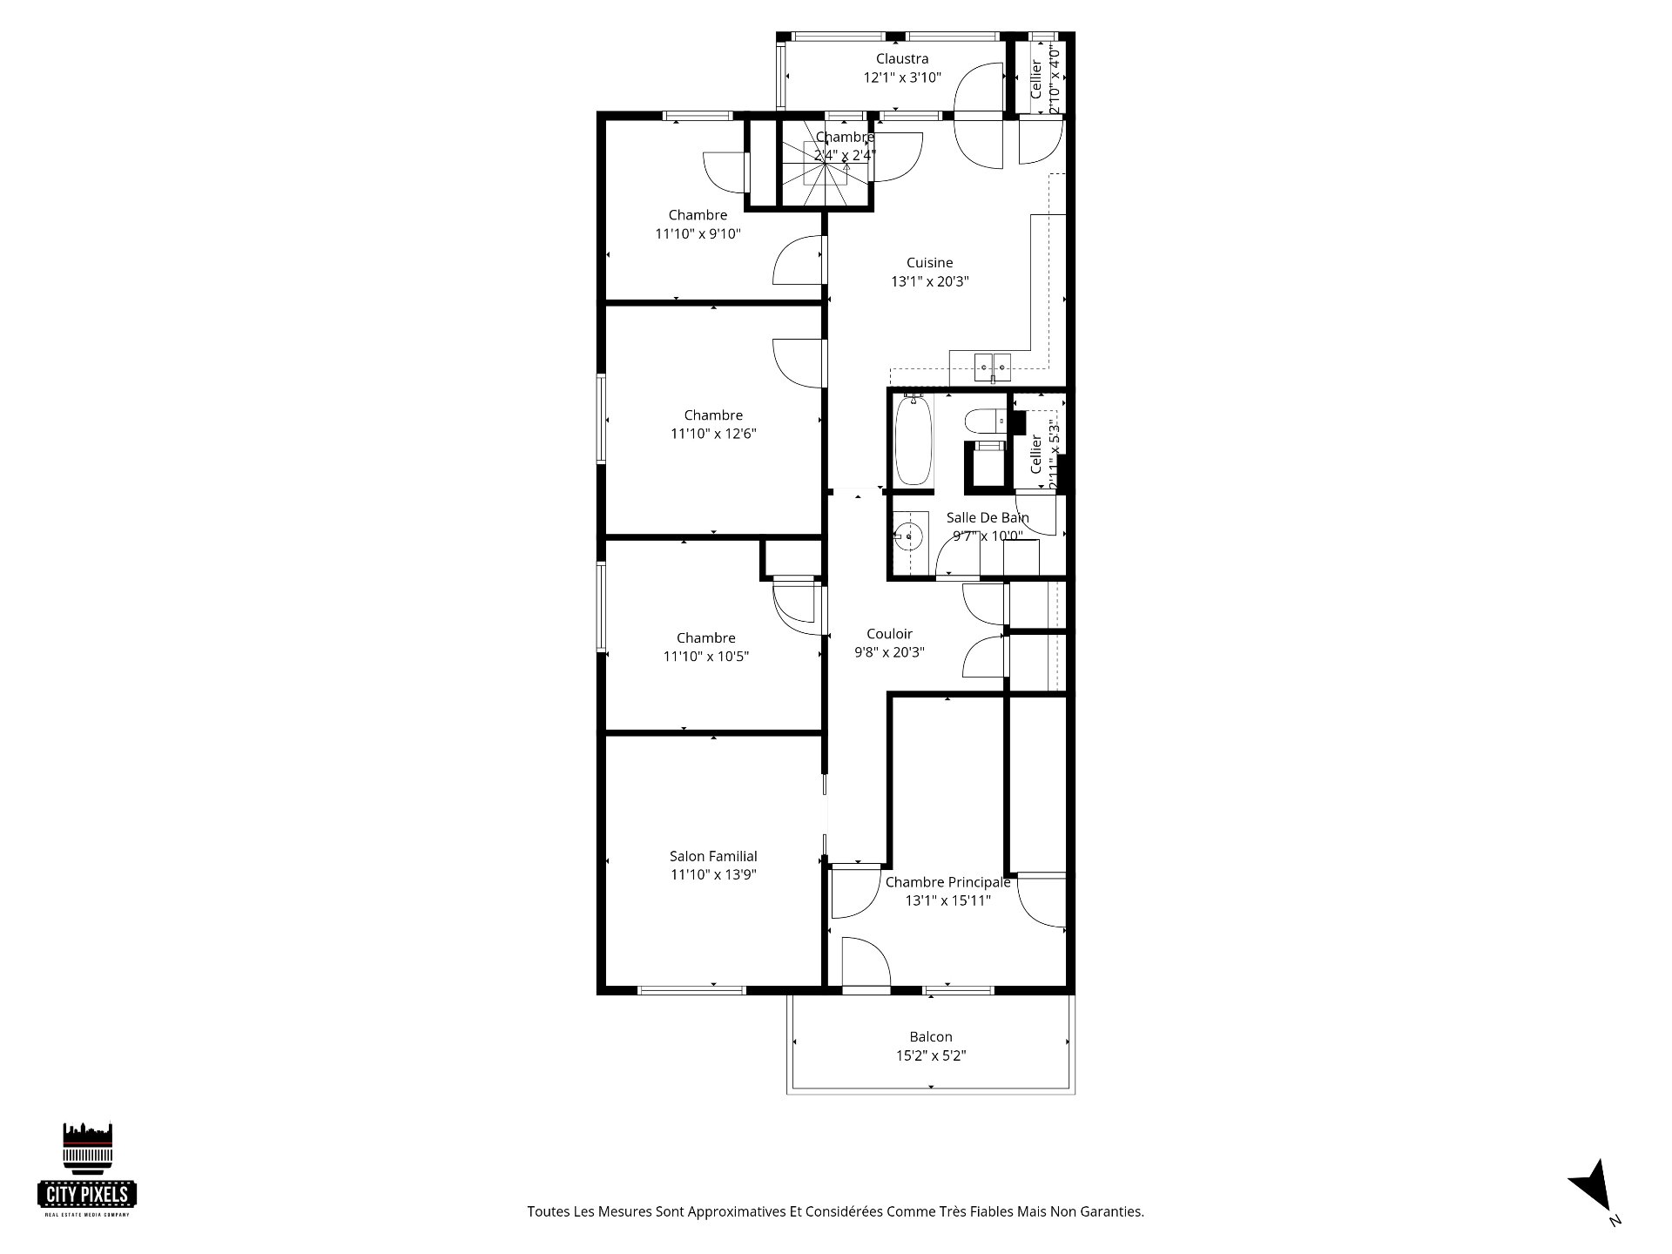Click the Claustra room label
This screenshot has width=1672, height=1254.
902,59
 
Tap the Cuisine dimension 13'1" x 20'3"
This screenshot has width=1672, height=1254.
930,281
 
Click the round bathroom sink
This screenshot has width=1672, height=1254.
907,536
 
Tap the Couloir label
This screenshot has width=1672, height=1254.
889,634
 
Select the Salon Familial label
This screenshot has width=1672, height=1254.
713,856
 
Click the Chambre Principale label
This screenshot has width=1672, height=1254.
947,882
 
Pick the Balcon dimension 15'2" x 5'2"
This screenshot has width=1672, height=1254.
931,1055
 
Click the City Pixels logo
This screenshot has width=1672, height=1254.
88,1167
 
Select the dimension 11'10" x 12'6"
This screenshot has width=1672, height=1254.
713,434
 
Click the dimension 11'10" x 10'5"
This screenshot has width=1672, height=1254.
706,657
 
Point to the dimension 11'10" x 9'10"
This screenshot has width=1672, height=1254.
698,233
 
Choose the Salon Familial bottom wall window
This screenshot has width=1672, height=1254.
692,990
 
